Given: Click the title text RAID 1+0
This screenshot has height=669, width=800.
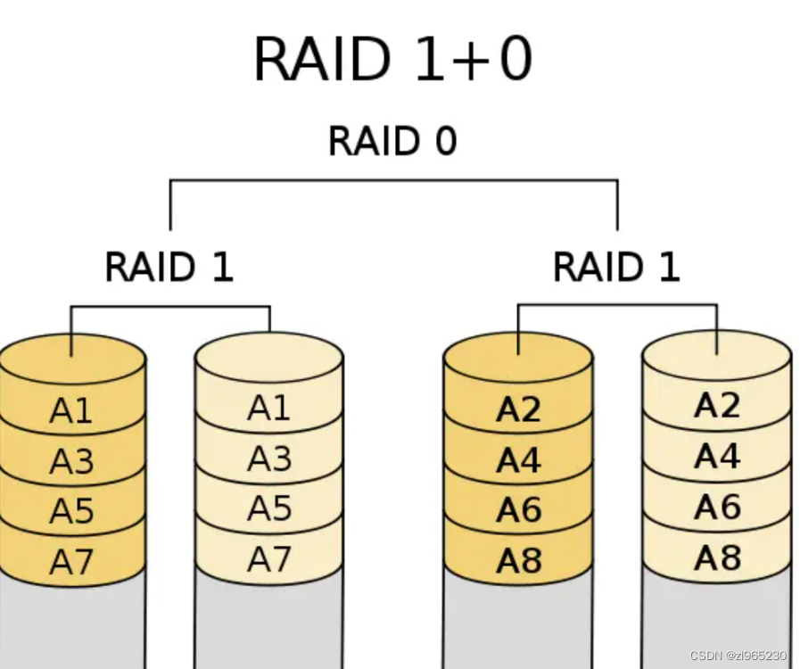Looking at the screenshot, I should point(392,60).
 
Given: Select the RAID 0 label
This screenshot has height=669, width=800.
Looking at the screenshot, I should point(392,141).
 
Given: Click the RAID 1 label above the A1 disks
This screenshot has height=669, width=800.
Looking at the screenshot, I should point(169,267).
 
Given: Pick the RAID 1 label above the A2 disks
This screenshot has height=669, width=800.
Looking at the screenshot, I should point(616,267).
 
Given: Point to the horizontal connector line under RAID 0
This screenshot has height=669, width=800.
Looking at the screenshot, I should point(392,181).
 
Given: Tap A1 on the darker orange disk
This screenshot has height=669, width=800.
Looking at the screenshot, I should point(71,411).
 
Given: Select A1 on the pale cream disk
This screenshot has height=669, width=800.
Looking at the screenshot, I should point(269,408).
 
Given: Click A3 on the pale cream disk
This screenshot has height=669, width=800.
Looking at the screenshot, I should point(269,458).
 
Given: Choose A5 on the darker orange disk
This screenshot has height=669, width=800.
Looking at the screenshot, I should point(71,512).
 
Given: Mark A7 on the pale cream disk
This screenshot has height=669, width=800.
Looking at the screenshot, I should point(269,559).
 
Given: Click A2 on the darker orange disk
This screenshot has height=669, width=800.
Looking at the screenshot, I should point(519,409).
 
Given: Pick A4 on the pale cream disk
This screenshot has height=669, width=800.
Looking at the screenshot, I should point(718,457).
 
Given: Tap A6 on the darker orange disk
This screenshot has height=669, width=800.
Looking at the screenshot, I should point(519,510).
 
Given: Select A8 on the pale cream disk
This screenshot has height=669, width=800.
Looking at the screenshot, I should point(718,557).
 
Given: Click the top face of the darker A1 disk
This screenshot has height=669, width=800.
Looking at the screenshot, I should point(71,361).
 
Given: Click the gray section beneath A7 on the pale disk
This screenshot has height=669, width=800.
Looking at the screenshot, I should point(269,624).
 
